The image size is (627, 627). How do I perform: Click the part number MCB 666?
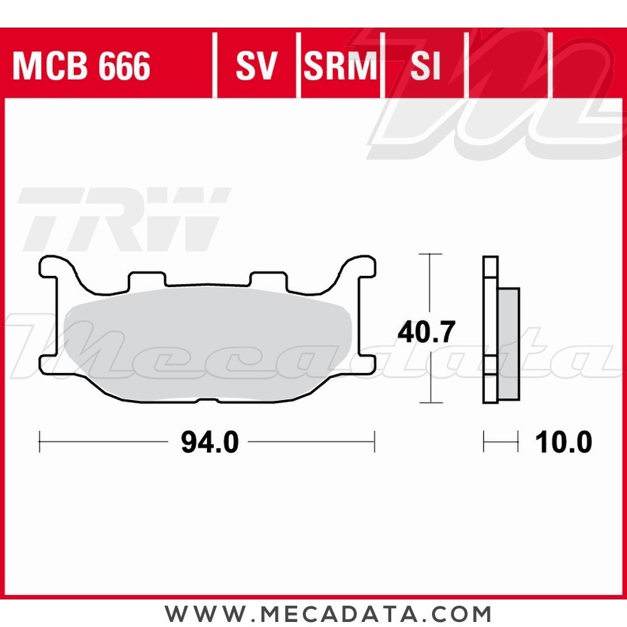82,66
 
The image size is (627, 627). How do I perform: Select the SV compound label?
256,66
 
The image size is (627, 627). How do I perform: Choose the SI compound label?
425,66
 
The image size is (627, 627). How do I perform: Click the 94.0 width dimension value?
209,443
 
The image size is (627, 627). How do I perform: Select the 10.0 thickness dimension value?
563,443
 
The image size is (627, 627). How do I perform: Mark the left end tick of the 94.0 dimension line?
40,441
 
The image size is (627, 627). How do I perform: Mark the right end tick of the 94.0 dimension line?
374,441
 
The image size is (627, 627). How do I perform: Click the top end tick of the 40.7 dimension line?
429,254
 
